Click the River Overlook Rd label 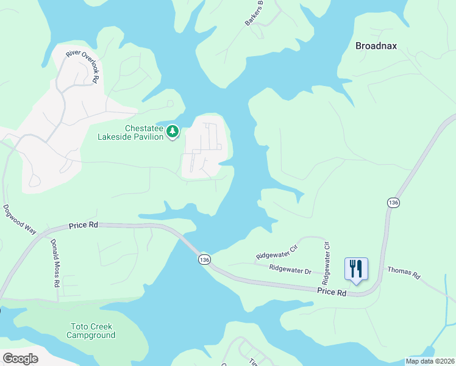tap(82, 65)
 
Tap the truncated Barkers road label tap(254, 12)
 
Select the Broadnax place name tap(376, 46)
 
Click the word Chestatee tap(144, 129)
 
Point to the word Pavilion tap(148, 137)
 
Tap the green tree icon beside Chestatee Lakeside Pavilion tap(173, 131)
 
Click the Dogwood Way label tap(19, 218)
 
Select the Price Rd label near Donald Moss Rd tap(84, 224)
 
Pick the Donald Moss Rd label tap(54, 263)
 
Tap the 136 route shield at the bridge tap(204, 260)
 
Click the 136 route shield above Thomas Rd tap(393, 202)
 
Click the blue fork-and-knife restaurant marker tap(356, 269)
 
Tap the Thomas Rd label tap(404, 273)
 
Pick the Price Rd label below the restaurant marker tap(332, 293)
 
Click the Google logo tap(20, 359)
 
